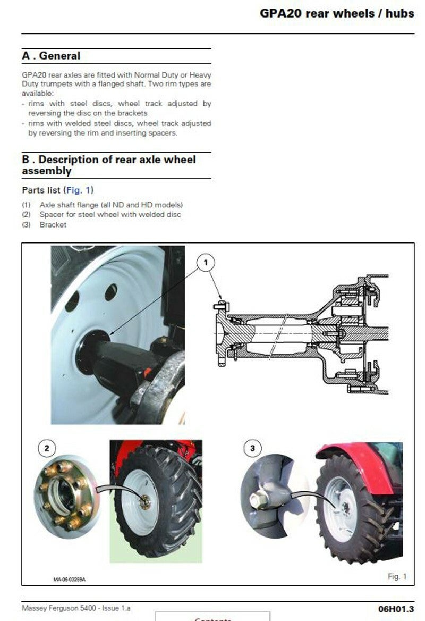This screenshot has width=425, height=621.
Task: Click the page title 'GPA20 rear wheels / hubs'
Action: [x=337, y=13]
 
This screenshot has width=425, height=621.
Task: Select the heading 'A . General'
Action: [x=51, y=56]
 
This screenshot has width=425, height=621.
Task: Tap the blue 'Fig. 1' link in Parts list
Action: [x=78, y=190]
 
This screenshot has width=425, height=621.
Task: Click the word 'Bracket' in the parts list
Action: [x=53, y=224]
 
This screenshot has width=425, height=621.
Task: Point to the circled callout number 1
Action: [x=206, y=263]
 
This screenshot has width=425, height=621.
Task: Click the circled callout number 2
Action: [x=47, y=448]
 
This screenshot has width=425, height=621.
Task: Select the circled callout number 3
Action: [x=252, y=448]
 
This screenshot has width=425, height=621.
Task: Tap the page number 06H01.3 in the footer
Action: [x=396, y=609]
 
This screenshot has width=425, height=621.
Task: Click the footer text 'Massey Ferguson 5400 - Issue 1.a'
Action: [x=76, y=608]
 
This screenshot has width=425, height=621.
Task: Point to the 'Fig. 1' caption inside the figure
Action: [x=397, y=576]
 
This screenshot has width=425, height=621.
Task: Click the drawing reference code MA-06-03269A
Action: [x=69, y=580]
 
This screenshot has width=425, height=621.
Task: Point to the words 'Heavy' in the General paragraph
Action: [x=200, y=75]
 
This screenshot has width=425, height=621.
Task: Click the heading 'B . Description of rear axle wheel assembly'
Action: [x=109, y=165]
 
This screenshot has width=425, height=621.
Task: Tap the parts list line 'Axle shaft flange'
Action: [x=111, y=205]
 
